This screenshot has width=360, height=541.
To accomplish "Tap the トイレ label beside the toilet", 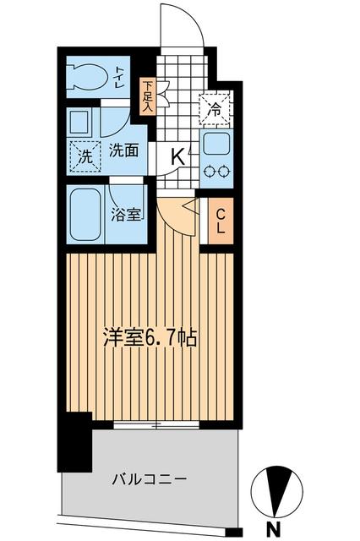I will [x=120, y=78].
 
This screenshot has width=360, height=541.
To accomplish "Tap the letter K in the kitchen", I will [x=179, y=156].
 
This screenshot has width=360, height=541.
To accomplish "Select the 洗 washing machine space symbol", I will [x=85, y=156].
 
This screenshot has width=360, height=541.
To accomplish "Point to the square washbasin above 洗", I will [x=81, y=122].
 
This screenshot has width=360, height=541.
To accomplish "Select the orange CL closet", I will [x=217, y=221].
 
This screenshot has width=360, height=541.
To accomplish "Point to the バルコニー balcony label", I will [x=149, y=479].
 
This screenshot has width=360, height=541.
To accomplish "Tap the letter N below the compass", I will [x=274, y=529].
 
